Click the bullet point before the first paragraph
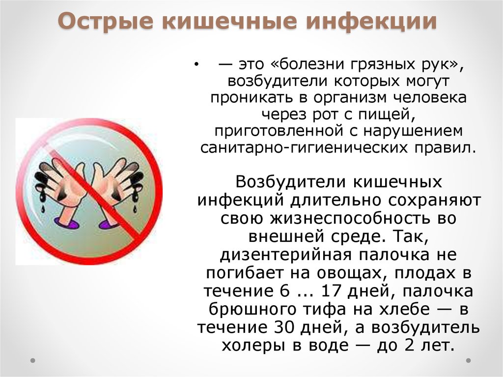[196, 65]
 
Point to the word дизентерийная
[286, 254]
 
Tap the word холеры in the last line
[253, 345]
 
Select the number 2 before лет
[409, 345]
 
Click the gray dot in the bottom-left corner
[32, 360]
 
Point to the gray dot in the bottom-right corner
[468, 360]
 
